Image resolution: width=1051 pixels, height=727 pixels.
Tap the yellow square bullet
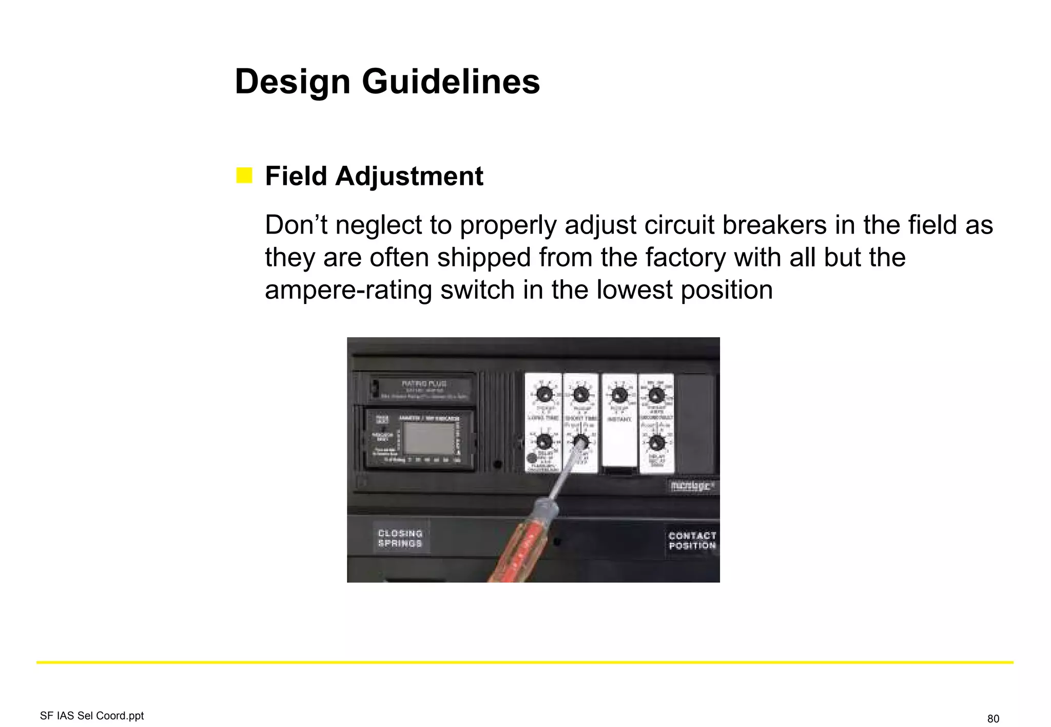pyautogui.click(x=244, y=175)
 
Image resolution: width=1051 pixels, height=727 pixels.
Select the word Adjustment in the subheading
pyautogui.click(x=409, y=176)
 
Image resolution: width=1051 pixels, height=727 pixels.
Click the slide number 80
pyautogui.click(x=993, y=718)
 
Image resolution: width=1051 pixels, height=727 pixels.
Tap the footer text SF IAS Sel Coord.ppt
pyautogui.click(x=92, y=716)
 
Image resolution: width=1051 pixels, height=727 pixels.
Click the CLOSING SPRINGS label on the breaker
pyautogui.click(x=400, y=538)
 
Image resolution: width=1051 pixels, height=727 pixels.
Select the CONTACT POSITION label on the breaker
pyautogui.click(x=692, y=540)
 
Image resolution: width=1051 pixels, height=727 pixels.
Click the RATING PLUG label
pyautogui.click(x=424, y=384)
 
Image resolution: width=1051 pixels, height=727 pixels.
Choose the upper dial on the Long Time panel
pyautogui.click(x=544, y=395)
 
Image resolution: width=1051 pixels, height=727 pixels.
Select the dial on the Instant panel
pyautogui.click(x=619, y=396)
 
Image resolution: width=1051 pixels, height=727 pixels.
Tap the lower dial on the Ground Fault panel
pyautogui.click(x=657, y=443)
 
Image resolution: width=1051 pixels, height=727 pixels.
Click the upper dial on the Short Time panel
pyautogui.click(x=581, y=395)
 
